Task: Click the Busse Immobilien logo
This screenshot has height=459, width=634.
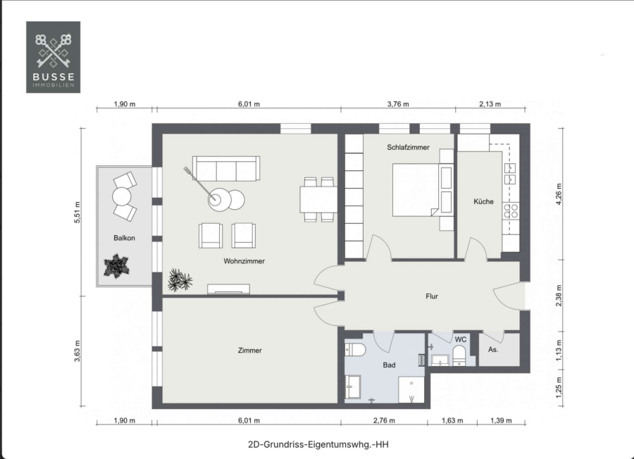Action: click(53, 57)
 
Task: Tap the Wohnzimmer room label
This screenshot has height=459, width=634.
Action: click(244, 261)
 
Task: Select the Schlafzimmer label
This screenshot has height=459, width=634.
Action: click(408, 147)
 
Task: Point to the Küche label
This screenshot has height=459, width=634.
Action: click(483, 201)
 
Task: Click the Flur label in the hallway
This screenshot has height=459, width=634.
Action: click(431, 296)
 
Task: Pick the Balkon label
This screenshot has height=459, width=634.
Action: click(124, 238)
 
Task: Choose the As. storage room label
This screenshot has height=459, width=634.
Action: click(493, 349)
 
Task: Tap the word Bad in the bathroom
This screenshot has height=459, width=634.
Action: click(389, 365)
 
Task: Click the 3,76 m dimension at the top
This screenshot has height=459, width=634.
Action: click(398, 104)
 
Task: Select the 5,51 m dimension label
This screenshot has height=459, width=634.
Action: click(77, 212)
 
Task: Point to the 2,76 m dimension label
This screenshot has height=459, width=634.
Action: click(384, 420)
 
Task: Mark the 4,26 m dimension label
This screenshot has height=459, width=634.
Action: click(559, 194)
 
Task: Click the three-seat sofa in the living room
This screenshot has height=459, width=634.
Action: click(226, 168)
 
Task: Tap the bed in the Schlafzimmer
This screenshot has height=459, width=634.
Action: click(423, 189)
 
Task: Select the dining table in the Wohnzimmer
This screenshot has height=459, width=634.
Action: click(318, 199)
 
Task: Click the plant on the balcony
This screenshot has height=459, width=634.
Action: click(116, 266)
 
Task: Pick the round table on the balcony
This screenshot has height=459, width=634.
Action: click(122, 197)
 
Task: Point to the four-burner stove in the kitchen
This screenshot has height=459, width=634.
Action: click(511, 211)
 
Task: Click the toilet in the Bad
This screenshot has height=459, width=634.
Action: click(355, 349)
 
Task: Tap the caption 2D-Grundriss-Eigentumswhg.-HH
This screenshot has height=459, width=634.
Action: click(318, 444)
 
